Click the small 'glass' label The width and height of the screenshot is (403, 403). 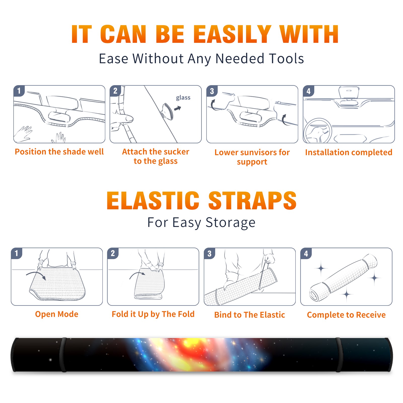[183, 98]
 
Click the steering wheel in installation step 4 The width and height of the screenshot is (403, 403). [317, 131]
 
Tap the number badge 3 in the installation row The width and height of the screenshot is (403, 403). [212, 91]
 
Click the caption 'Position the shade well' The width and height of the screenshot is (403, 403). [59, 152]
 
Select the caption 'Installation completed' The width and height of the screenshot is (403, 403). [349, 152]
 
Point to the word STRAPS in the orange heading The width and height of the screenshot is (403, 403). [252, 200]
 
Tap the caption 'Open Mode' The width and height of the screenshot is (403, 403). [57, 314]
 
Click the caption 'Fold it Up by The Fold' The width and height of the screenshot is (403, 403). [153, 314]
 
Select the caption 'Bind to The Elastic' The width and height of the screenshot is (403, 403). [250, 315]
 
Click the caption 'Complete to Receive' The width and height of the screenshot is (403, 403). [346, 315]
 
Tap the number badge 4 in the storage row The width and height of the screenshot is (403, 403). [306, 253]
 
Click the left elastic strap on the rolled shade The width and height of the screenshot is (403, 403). [63, 355]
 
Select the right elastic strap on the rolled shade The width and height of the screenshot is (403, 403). [339, 355]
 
